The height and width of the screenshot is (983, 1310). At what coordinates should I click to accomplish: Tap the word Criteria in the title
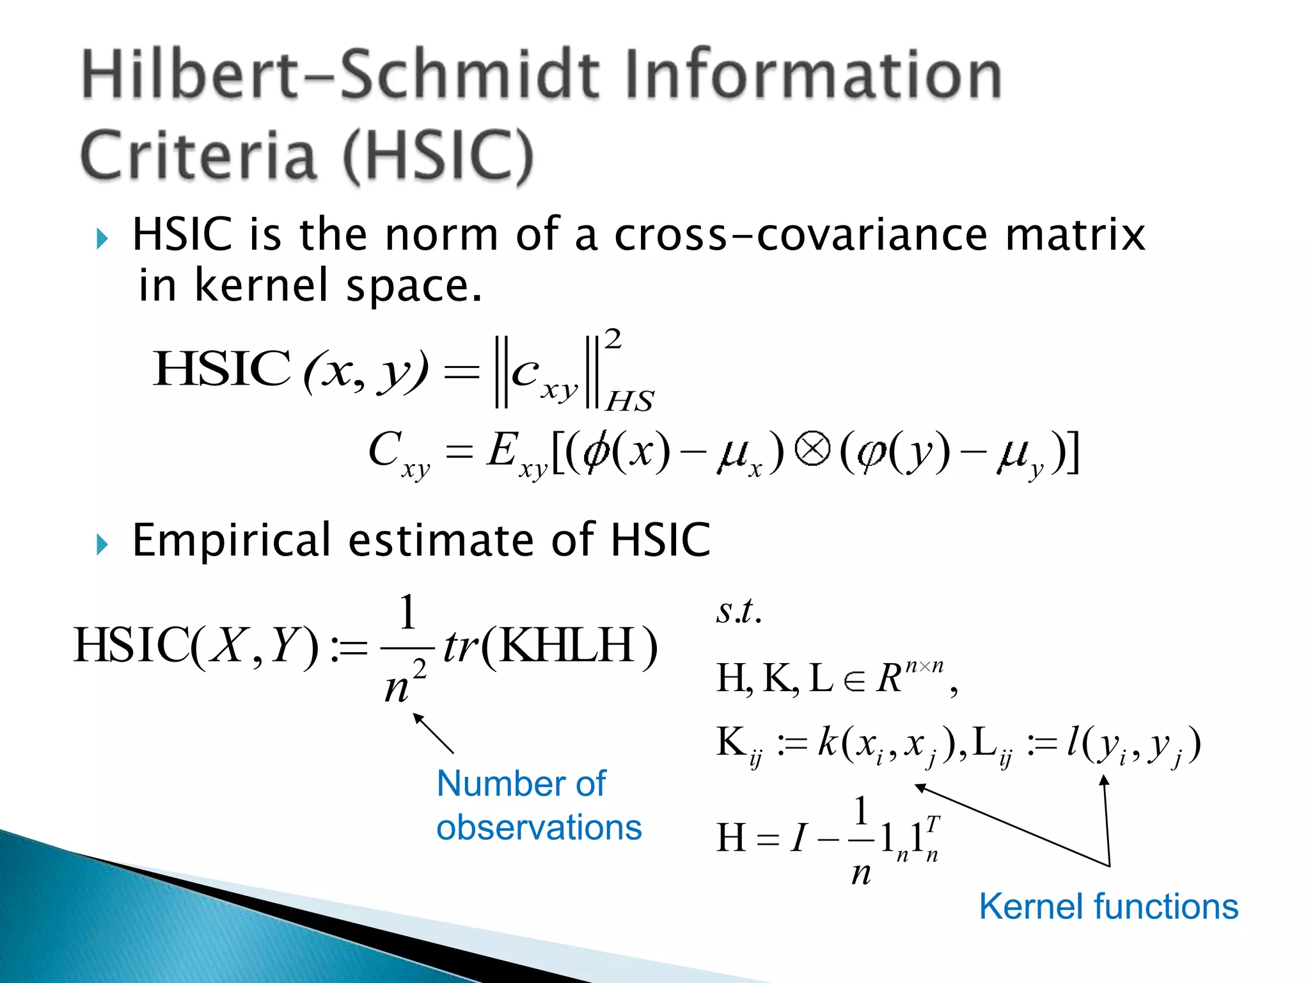pos(198,156)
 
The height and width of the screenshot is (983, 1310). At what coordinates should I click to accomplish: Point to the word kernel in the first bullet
pos(262,285)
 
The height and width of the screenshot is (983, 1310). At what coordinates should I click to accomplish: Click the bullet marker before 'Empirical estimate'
pos(102,545)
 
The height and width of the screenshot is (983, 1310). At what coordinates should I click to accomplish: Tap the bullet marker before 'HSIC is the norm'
pos(102,239)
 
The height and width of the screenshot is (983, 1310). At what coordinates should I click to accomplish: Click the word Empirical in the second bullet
pos(231,541)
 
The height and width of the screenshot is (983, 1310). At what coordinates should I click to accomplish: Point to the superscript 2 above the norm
pos(613,339)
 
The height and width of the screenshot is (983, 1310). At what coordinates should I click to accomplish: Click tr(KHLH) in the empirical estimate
pos(550,646)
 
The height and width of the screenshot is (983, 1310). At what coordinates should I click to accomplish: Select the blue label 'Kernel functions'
pos(1109,907)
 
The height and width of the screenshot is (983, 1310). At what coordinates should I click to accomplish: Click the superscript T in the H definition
pos(933,824)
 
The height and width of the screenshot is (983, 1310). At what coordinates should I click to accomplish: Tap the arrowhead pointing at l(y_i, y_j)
pos(1104,781)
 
